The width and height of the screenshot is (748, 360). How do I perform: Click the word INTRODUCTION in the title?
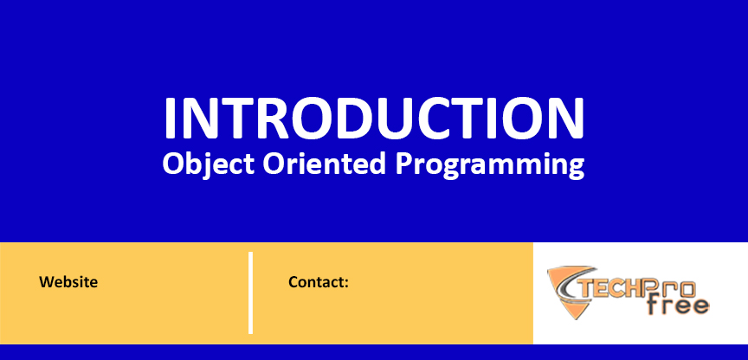pyautogui.click(x=374, y=118)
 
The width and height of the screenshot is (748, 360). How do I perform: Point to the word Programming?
pyautogui.click(x=490, y=166)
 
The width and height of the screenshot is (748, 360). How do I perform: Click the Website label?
pyautogui.click(x=68, y=282)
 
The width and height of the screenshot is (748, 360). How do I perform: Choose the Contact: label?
pyautogui.click(x=319, y=282)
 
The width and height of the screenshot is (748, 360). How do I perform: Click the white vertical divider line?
pyautogui.click(x=250, y=292)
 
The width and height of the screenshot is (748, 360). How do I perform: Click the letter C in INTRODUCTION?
pyautogui.click(x=445, y=118)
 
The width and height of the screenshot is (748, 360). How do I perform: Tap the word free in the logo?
pyautogui.click(x=678, y=305)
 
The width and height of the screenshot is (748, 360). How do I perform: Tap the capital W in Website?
pyautogui.click(x=47, y=282)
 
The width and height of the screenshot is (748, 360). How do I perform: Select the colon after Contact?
pyautogui.click(x=347, y=284)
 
